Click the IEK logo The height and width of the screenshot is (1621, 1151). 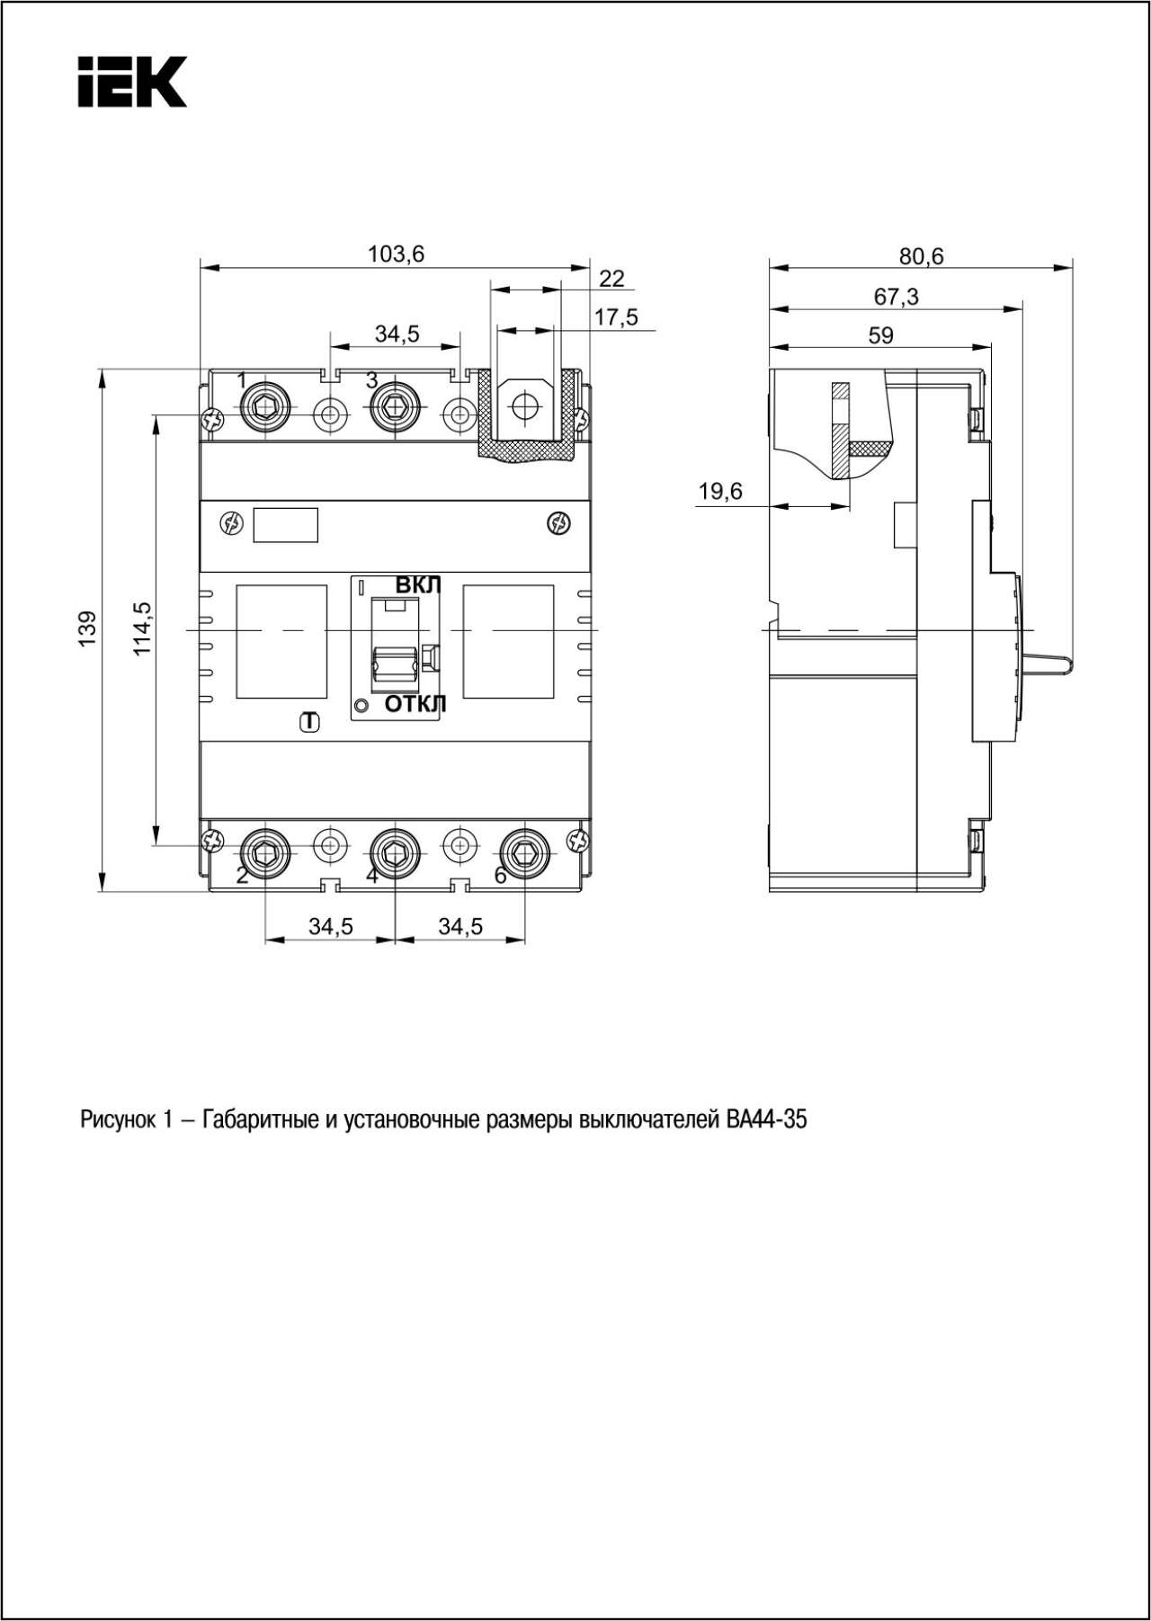pos(132,82)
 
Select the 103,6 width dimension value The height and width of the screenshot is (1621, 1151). pos(396,254)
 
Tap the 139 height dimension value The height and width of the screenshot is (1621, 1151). pos(87,628)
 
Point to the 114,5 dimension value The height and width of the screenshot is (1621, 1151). pos(143,628)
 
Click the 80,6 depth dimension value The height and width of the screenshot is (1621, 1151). pos(922,257)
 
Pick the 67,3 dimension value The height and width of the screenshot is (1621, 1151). pos(897,297)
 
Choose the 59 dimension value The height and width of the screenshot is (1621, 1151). pos(881,336)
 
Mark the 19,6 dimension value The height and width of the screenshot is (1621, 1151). pos(721,492)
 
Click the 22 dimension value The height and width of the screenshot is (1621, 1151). pos(611,279)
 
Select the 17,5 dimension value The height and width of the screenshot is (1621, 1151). pos(616,317)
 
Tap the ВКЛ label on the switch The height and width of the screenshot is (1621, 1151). pos(419,585)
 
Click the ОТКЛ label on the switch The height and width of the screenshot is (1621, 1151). pos(415,705)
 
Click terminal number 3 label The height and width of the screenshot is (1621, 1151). pos(371,380)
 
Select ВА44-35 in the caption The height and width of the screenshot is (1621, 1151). pos(763,1120)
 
